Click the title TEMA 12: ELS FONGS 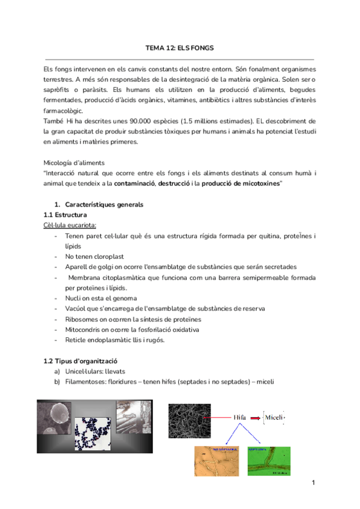(x=180, y=47)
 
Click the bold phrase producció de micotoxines (x=241, y=183)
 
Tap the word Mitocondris (x=85, y=330)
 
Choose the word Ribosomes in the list (x=83, y=319)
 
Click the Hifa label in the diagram (x=241, y=417)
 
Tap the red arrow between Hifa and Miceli (x=256, y=417)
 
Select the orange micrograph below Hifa (x=215, y=463)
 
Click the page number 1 (x=313, y=483)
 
